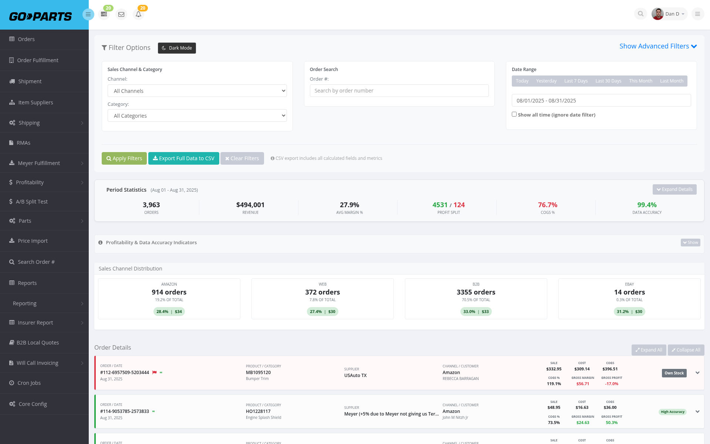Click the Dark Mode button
point(177,48)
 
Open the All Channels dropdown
point(197,91)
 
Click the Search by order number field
point(399,91)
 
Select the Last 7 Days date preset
point(576,81)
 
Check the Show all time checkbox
point(514,114)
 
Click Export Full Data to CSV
point(184,158)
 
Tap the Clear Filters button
point(242,158)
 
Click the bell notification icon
point(138,14)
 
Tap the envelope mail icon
point(121,14)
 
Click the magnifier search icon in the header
point(640,14)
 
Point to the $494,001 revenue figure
point(250,205)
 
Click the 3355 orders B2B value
point(476,292)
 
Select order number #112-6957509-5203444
point(125,373)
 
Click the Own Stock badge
point(674,373)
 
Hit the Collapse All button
point(686,350)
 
